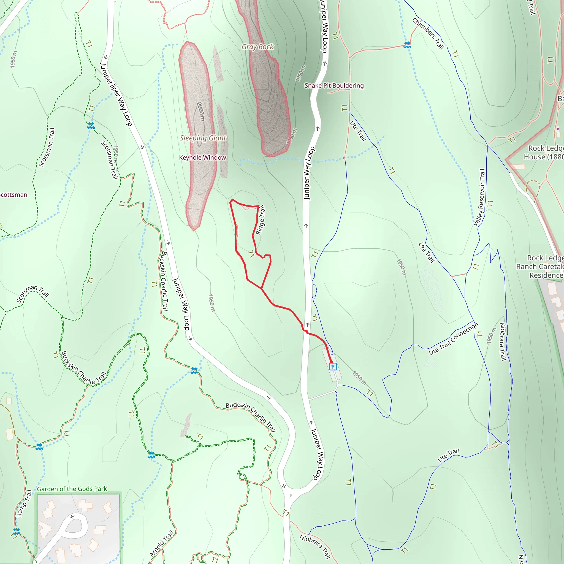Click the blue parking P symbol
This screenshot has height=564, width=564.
(x=333, y=367)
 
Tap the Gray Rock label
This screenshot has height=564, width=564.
(x=257, y=47)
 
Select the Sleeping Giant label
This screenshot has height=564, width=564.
(x=203, y=138)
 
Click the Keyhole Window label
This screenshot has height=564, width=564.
(x=203, y=158)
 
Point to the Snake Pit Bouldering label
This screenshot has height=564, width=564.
(x=334, y=86)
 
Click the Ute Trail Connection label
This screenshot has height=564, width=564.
(x=453, y=339)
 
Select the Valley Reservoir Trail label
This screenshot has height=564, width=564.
(x=479, y=197)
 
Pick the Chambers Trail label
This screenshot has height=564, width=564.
(x=428, y=34)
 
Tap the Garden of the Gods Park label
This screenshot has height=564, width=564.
(x=72, y=489)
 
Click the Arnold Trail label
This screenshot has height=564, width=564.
(x=161, y=544)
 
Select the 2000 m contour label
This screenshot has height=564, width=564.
(x=200, y=112)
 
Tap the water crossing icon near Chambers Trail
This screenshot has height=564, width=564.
(x=407, y=45)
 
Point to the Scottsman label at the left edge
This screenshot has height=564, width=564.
(x=13, y=195)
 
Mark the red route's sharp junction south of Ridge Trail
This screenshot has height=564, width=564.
(x=261, y=288)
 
